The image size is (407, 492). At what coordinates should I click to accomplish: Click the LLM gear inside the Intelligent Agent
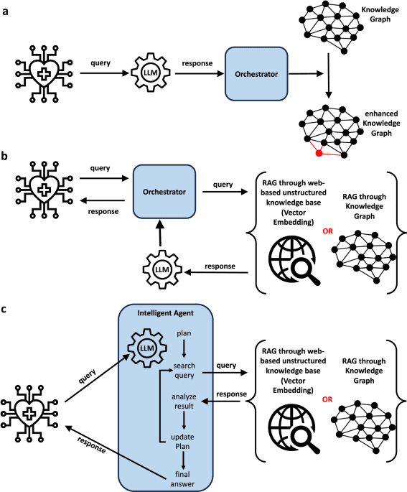click(148, 349)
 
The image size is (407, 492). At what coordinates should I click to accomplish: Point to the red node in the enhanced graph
click(318, 153)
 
